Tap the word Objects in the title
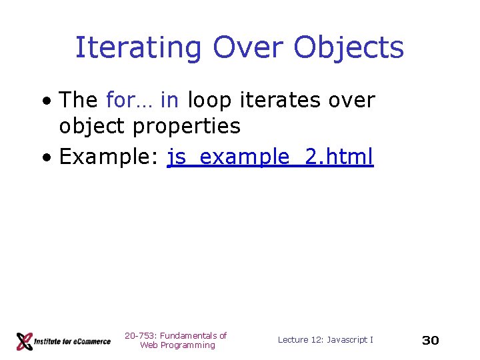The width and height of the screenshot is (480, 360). point(348,48)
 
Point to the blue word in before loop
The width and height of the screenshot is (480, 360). point(169,101)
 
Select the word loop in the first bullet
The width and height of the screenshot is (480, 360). point(209,101)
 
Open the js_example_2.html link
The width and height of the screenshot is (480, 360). point(270,157)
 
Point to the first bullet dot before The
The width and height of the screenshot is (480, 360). point(46,102)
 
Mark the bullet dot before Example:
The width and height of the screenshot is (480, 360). point(46,158)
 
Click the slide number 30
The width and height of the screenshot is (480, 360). point(431,341)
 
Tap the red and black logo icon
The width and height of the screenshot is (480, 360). point(25,341)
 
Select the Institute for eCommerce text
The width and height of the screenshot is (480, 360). point(73,341)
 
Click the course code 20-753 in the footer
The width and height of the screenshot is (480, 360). point(139,335)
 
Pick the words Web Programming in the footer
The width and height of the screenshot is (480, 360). point(177,345)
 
